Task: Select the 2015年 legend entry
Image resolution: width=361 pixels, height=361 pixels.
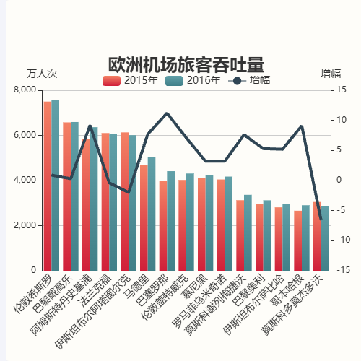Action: [x=131, y=80]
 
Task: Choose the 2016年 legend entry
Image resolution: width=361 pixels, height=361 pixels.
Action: [x=193, y=80]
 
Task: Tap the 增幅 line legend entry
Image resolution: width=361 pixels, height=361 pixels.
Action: [x=249, y=80]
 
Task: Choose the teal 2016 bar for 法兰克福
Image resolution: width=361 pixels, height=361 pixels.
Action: [x=113, y=202]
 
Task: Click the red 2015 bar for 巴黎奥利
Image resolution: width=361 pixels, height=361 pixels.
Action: [x=259, y=238]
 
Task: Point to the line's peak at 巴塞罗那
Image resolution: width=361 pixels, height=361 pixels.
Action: [x=167, y=113]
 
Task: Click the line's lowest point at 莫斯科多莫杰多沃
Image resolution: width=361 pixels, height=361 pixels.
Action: [x=321, y=219]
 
